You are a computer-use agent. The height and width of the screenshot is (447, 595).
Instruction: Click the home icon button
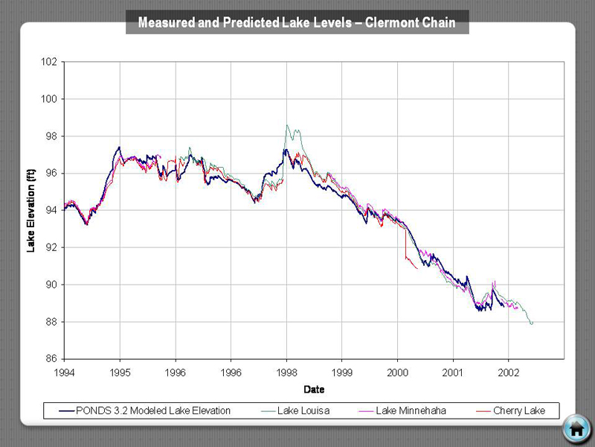point(576,428)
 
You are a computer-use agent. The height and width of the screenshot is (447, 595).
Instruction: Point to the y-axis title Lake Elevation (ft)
point(31,211)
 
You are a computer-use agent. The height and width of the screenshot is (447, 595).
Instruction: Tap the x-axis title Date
point(314,389)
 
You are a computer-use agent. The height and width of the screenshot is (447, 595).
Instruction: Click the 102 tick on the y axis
point(49,62)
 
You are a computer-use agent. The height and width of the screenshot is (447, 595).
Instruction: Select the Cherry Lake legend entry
point(518,410)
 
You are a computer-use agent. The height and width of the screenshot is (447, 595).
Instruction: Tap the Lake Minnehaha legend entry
point(411,410)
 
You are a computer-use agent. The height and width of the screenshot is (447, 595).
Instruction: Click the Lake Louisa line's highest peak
point(287,125)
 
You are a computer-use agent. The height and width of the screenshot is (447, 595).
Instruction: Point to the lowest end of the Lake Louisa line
point(532,324)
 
